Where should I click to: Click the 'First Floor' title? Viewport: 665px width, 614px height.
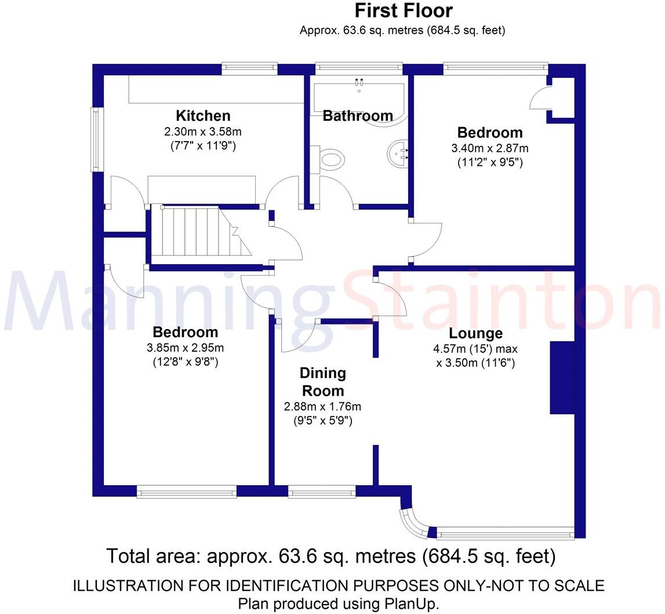[x=403, y=10]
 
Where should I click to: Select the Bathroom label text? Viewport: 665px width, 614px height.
[x=357, y=115]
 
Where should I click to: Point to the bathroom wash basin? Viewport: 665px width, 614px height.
[x=399, y=153]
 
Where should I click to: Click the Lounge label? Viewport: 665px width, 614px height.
[x=475, y=334]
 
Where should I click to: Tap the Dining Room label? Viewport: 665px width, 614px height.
[x=322, y=381]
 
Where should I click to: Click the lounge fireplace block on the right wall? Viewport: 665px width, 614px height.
[x=561, y=378]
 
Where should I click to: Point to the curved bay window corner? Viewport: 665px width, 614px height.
[x=414, y=522]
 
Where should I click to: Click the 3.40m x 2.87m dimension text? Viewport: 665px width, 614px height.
[x=489, y=148]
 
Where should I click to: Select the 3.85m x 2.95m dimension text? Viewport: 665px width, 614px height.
[x=185, y=348]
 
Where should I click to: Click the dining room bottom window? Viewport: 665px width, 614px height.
[x=322, y=492]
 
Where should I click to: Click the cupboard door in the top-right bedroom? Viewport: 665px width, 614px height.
[x=540, y=97]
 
